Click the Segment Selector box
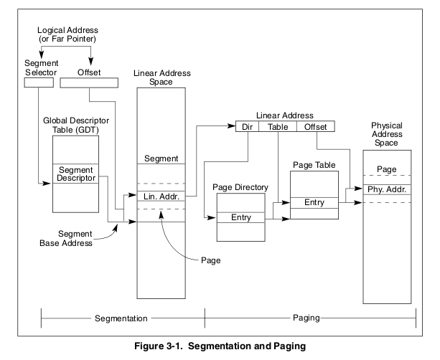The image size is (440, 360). tap(39, 82)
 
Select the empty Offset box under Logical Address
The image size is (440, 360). tap(89, 82)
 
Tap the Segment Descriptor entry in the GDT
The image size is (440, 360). tap(76, 174)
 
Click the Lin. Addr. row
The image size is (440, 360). tap(161, 196)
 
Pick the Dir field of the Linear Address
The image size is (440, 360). tap(247, 126)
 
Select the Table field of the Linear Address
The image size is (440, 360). tap(278, 126)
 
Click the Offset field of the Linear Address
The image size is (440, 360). tap(316, 126)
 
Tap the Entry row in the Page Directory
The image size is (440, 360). tap(240, 217)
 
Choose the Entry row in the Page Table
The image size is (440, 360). tap(314, 202)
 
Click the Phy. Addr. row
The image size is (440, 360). tap(387, 189)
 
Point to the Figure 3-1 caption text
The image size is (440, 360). tap(220, 346)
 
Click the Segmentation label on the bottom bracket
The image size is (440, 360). tap(121, 318)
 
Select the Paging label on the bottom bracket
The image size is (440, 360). tap(306, 318)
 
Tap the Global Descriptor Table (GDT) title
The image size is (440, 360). tap(76, 125)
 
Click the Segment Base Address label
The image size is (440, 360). tap(66, 238)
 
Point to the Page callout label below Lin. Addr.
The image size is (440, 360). tap(211, 260)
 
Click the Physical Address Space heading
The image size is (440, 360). tap(387, 134)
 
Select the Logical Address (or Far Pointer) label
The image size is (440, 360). tap(67, 34)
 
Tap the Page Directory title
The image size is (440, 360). tap(240, 187)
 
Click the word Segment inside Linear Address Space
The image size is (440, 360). tap(161, 158)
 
